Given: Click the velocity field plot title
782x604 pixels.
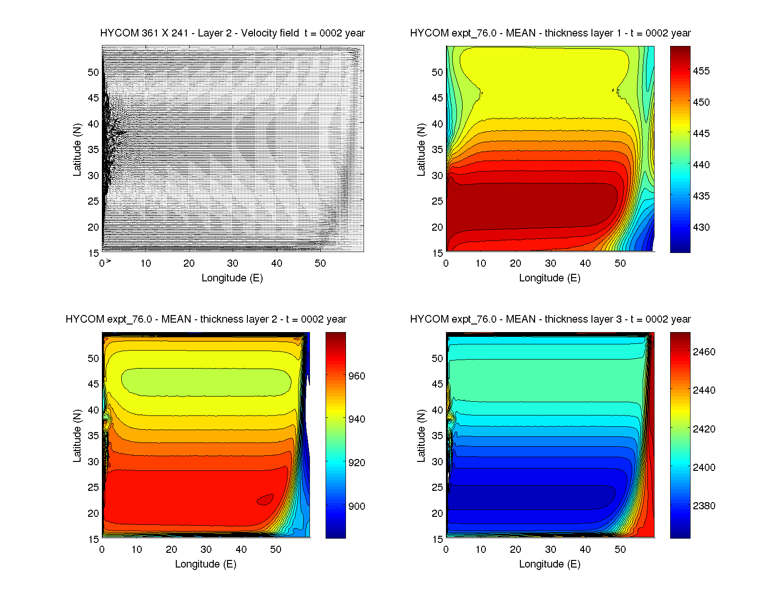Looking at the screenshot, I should tap(232, 33).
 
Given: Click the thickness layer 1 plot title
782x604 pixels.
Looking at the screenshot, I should tap(550, 33).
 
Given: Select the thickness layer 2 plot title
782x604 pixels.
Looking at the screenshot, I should tap(206, 319).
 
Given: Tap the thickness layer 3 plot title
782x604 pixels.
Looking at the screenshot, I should tap(550, 319).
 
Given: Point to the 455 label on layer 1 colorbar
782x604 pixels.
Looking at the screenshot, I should tap(701, 71).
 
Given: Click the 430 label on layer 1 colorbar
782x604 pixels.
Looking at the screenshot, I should tap(701, 227).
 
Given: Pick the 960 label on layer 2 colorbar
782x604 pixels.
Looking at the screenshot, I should tap(356, 376).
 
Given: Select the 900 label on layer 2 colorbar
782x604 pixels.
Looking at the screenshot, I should tap(356, 506).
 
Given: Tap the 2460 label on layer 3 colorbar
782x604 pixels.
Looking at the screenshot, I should tap(704, 352).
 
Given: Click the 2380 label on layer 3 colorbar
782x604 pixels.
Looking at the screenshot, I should tap(704, 506).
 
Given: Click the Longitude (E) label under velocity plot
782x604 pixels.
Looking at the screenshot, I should tap(232, 278).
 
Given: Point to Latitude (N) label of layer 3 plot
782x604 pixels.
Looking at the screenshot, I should tap(421, 436).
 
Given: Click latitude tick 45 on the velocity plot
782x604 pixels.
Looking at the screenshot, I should tap(93, 98).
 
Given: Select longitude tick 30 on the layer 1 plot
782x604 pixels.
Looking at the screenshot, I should tap(550, 263).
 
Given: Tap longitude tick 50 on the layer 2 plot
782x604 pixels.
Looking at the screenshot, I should tap(276, 550).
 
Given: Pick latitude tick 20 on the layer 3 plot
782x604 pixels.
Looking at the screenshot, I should tap(437, 514).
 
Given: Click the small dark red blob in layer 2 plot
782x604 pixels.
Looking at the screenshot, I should tap(265, 499).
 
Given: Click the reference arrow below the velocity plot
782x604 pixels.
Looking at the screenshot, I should tap(109, 261).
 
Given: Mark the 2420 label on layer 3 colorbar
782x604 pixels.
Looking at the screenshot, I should tap(704, 429).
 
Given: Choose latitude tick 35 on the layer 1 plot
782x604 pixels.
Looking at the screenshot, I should tap(437, 150).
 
